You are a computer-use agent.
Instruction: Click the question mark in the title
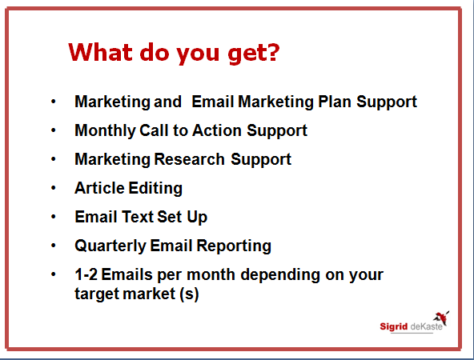tap(273, 52)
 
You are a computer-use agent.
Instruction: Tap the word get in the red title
tap(247, 54)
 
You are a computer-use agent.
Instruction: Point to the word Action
tap(217, 130)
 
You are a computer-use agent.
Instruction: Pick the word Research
tap(189, 159)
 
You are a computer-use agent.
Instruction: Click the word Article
tap(99, 188)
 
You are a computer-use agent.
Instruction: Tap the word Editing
tap(155, 189)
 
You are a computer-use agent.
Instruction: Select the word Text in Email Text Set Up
tap(138, 217)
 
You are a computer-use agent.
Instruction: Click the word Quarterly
tap(110, 246)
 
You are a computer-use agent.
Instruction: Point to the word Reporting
tap(234, 246)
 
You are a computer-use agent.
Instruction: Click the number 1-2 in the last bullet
tap(86, 274)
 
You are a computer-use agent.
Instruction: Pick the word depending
tap(280, 275)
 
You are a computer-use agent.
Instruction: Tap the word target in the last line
tap(97, 294)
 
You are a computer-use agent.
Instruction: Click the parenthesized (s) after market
tap(189, 294)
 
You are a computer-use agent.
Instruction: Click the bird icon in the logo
tap(441, 318)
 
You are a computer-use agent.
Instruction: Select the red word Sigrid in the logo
tap(394, 326)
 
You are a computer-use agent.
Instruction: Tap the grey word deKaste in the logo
tap(427, 326)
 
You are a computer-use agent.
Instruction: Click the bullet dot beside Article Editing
tap(54, 188)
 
